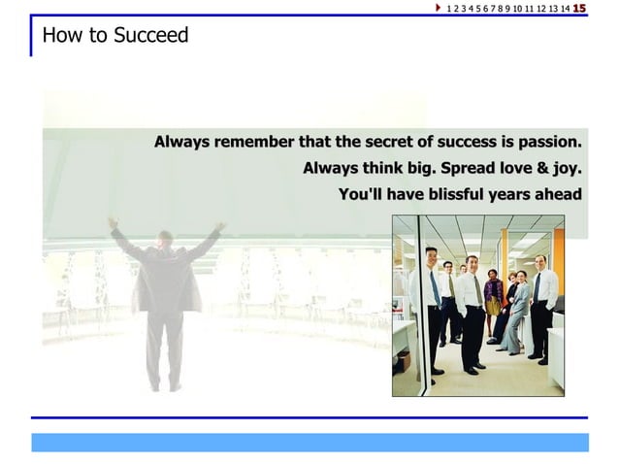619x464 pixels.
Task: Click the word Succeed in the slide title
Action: (150, 36)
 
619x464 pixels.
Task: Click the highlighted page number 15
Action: (579, 9)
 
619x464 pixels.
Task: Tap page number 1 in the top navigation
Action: (448, 9)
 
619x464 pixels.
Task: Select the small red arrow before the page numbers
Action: (439, 9)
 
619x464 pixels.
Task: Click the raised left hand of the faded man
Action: (113, 223)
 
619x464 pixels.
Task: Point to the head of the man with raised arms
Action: (165, 237)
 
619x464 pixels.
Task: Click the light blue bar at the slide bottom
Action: (309, 442)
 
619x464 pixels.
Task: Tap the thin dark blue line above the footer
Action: (309, 417)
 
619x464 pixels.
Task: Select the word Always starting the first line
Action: (181, 142)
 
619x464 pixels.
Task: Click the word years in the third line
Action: (509, 194)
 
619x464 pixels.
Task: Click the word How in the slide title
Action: (58, 36)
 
